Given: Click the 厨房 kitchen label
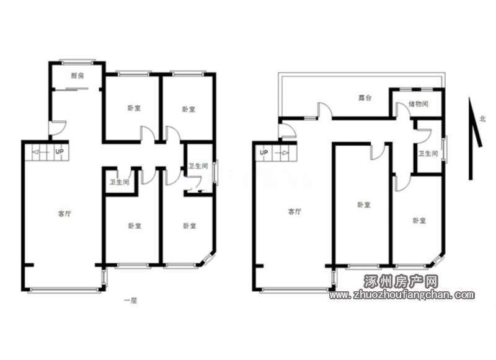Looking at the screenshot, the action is [x=77, y=76].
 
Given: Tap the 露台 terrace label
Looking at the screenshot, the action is [x=365, y=98].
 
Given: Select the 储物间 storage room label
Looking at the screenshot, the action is [x=418, y=103].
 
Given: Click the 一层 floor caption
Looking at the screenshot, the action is [x=130, y=301].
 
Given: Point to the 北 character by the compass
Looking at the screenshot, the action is [x=482, y=119].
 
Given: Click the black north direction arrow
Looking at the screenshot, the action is [x=474, y=139].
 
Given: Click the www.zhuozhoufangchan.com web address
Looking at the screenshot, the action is [x=402, y=295].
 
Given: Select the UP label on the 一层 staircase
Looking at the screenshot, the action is [x=60, y=152].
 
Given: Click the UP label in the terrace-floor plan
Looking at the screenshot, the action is [x=264, y=152].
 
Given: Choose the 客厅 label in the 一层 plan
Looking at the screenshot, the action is [x=64, y=214].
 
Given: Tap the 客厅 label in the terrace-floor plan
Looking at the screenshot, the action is [x=295, y=211].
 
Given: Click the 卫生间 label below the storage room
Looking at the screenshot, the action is [x=428, y=154].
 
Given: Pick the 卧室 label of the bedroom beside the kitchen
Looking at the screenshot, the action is [x=134, y=108].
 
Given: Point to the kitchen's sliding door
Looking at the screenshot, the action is [x=76, y=89].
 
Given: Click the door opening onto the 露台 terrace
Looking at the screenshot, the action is [x=325, y=110].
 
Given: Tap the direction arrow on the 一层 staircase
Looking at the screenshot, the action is [x=41, y=152].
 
